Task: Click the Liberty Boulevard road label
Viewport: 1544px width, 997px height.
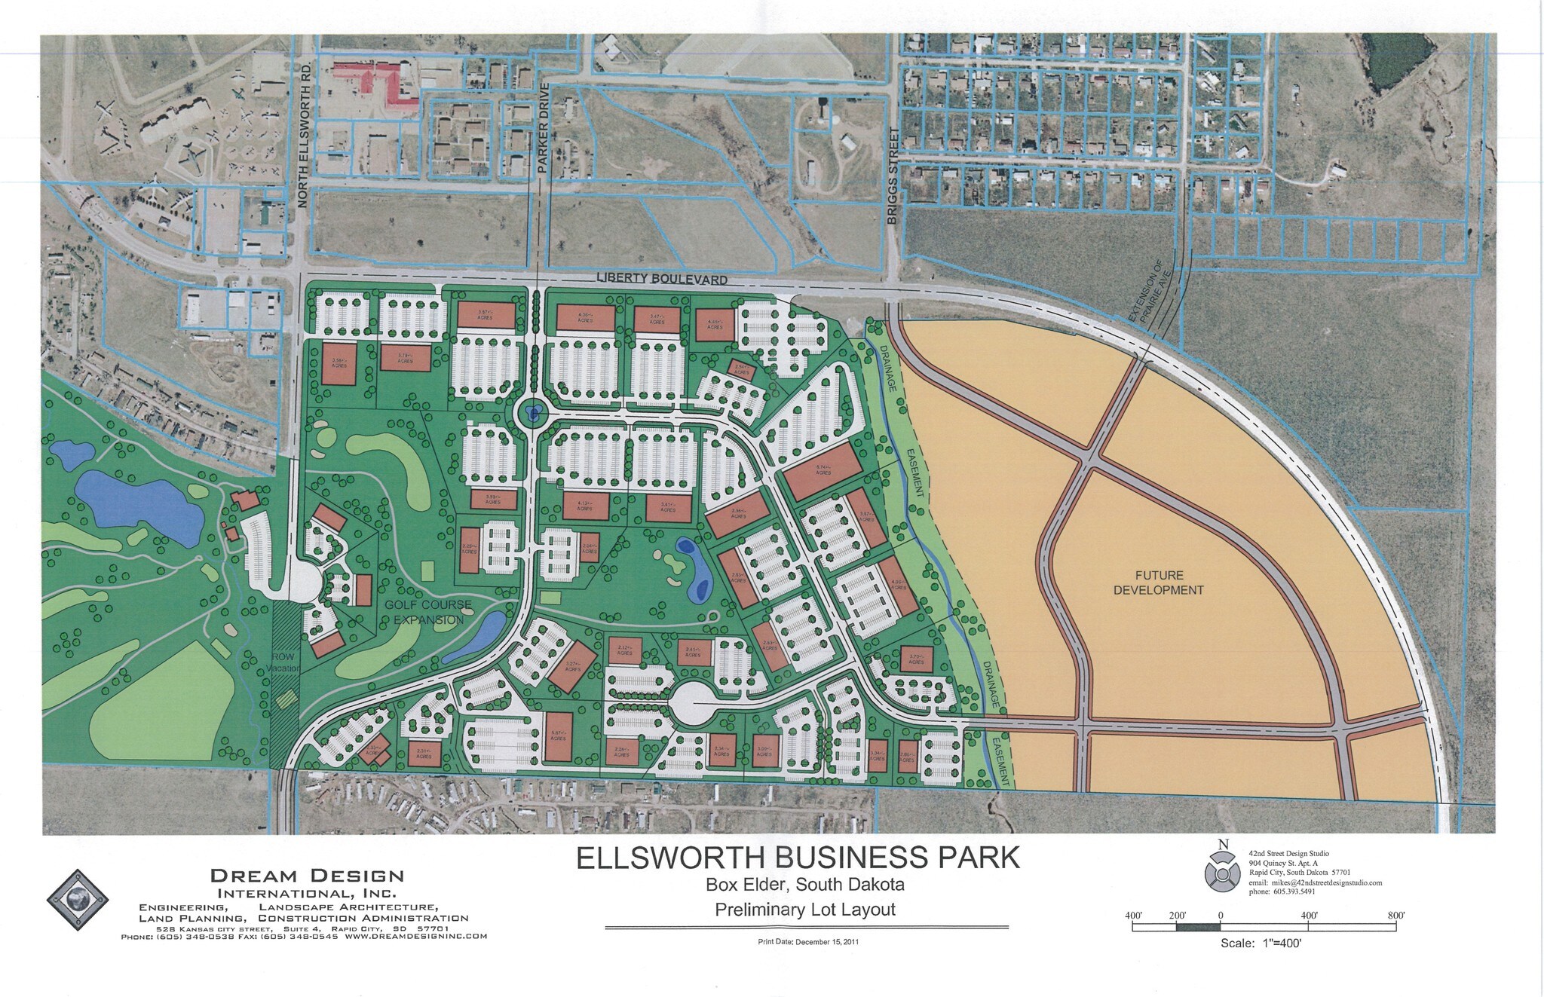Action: click(662, 279)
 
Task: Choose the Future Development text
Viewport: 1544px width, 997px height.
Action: click(1158, 583)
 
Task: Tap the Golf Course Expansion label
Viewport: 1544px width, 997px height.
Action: click(427, 612)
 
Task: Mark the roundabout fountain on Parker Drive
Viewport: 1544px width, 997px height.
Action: click(533, 413)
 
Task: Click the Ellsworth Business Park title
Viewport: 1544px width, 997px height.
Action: click(798, 858)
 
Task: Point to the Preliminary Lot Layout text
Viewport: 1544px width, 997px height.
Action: click(804, 910)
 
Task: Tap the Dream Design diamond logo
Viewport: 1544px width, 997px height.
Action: click(78, 900)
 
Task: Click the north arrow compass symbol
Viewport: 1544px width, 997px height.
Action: click(1223, 870)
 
